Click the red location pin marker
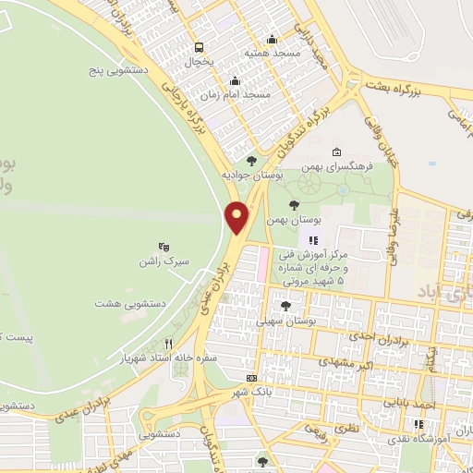[237, 216]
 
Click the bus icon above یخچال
[199, 47]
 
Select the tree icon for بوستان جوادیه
[251, 161]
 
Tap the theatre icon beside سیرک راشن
[164, 247]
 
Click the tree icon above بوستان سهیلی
[285, 305]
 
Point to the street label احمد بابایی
[437, 404]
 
